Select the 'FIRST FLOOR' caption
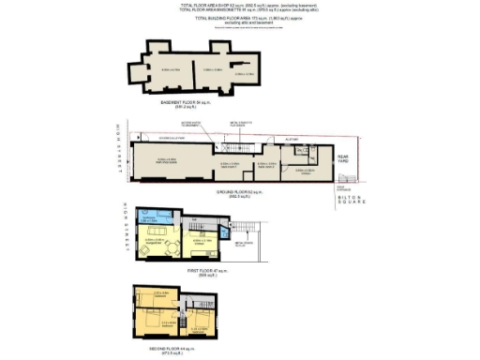pyautogui.click(x=203, y=270)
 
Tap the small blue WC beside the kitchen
pyautogui.click(x=224, y=233)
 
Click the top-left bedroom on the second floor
pyautogui.click(x=157, y=300)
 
